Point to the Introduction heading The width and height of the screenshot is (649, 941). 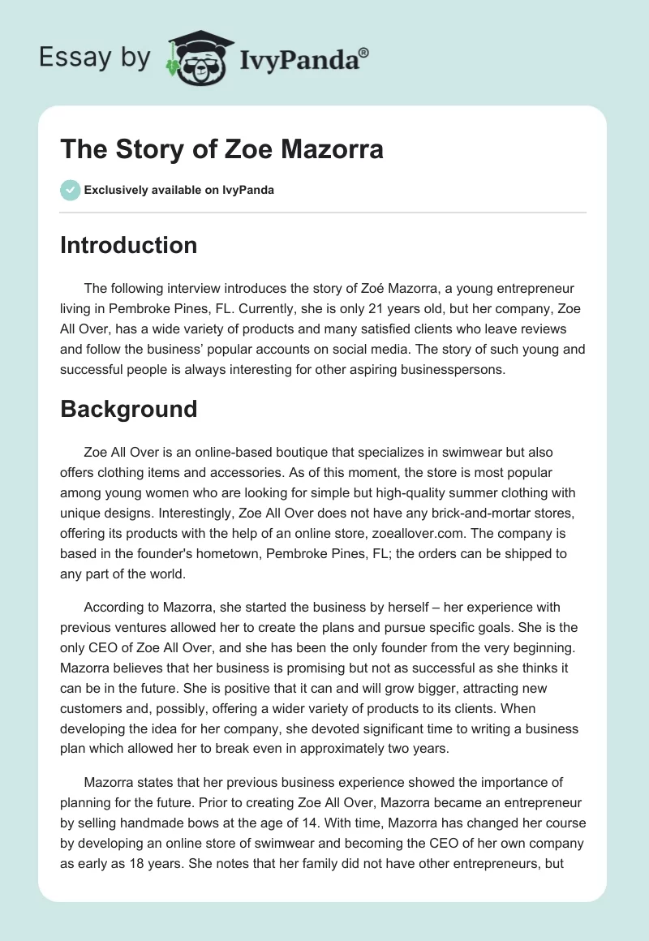pos(128,245)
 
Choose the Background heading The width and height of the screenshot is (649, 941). pos(128,408)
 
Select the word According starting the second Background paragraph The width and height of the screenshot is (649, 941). pos(114,607)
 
